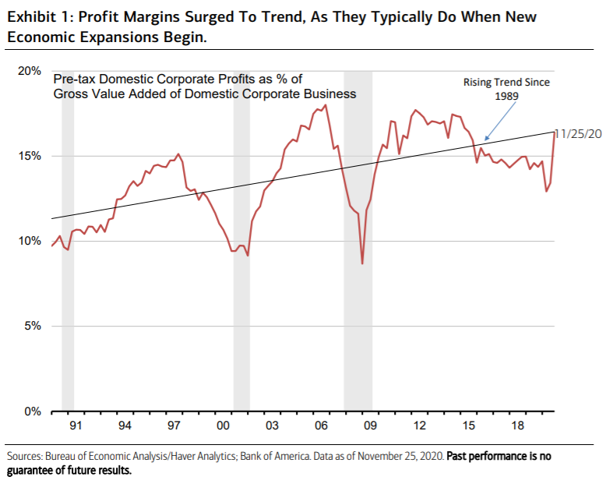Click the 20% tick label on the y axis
coord(30,71)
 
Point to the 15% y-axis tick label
coord(30,156)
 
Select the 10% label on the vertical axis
coord(30,241)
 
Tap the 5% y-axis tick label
coord(33,326)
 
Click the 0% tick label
coord(33,411)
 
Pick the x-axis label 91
coord(76,426)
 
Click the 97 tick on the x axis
coord(174,426)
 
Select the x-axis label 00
coord(223,426)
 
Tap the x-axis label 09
coord(370,426)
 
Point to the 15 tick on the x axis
coord(468,426)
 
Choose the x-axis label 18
coord(517,426)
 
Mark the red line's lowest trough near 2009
coord(362,263)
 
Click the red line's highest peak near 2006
coord(325,105)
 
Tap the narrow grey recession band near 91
coord(68,234)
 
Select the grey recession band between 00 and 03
coord(241,234)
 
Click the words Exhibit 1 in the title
coord(38,16)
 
